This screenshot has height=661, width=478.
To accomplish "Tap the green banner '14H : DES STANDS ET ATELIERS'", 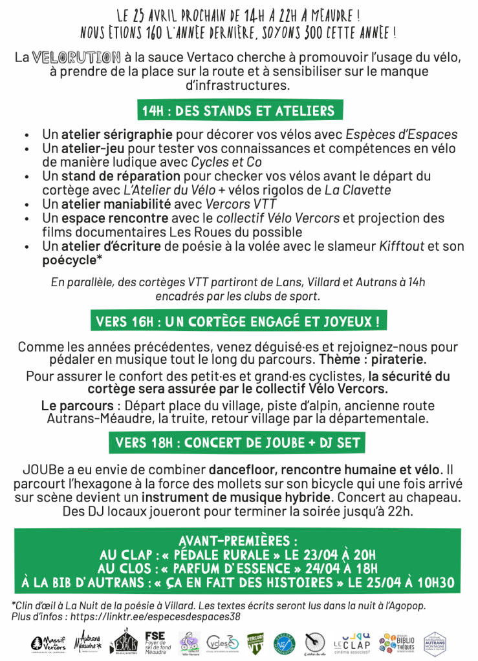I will pos(239,110).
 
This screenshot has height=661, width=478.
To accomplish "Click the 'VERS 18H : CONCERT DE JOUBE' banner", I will pos(239,443).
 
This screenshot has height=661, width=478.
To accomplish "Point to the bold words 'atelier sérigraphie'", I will pos(117,135).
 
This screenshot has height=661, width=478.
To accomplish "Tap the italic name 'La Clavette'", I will pos(358,190).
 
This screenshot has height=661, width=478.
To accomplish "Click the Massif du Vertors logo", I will pos(49,644).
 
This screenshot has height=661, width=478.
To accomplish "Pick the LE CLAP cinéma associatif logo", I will pos(353,644).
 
